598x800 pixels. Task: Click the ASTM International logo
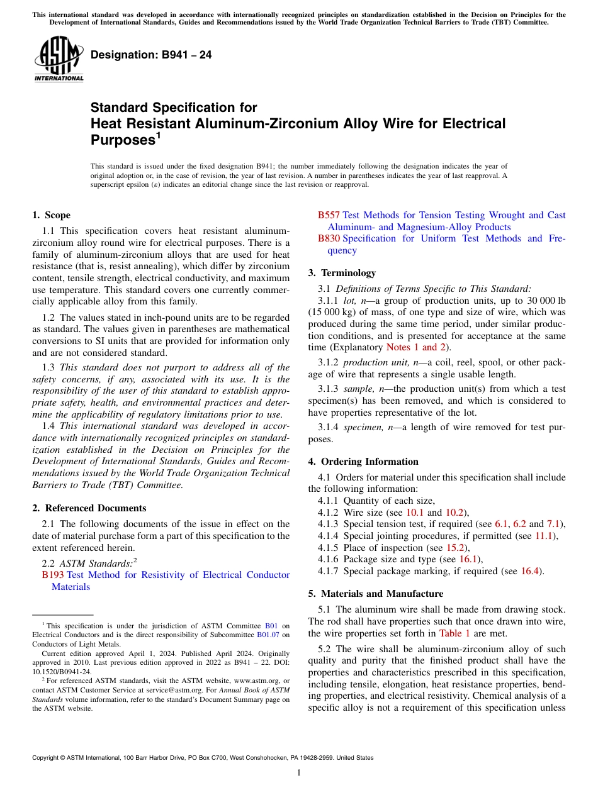(59, 58)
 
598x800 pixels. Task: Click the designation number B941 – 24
(151, 55)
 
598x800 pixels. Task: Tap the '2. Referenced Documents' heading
(89, 508)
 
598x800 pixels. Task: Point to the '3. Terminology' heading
(342, 273)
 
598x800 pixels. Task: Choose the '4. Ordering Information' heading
(363, 462)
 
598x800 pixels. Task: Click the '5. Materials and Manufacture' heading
(375, 594)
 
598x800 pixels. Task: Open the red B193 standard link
(53, 575)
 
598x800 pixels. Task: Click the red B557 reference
(329, 215)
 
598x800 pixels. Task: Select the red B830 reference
(329, 238)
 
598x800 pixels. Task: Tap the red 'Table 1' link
(454, 633)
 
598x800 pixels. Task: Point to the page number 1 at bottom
(299, 773)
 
